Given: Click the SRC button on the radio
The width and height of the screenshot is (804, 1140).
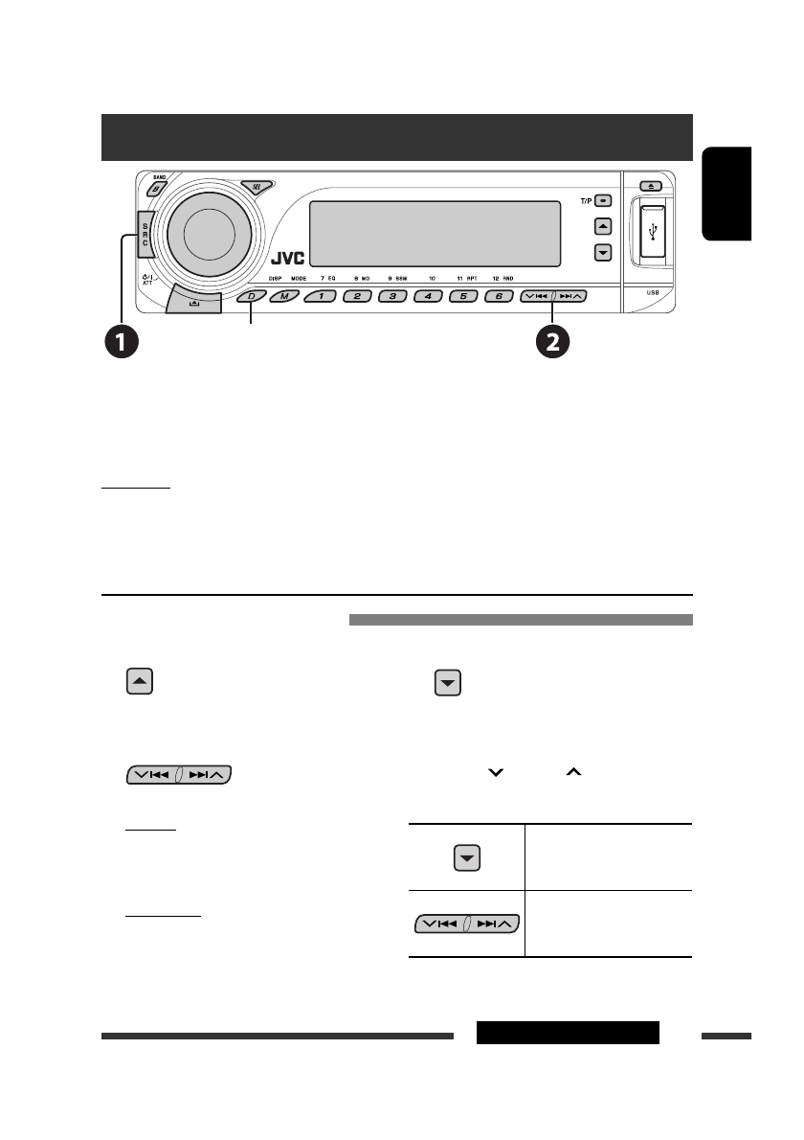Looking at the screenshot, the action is point(145,232).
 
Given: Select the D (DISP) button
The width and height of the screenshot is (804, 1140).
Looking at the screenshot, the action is point(251,296).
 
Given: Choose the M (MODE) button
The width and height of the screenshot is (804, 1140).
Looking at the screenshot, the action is point(283,296).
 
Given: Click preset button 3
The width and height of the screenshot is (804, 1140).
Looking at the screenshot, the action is point(392,296).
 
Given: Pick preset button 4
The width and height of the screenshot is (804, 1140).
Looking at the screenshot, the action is point(428,296).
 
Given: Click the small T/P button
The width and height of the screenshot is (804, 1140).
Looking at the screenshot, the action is point(602,201).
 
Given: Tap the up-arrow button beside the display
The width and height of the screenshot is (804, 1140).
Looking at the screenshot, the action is point(602,227).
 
